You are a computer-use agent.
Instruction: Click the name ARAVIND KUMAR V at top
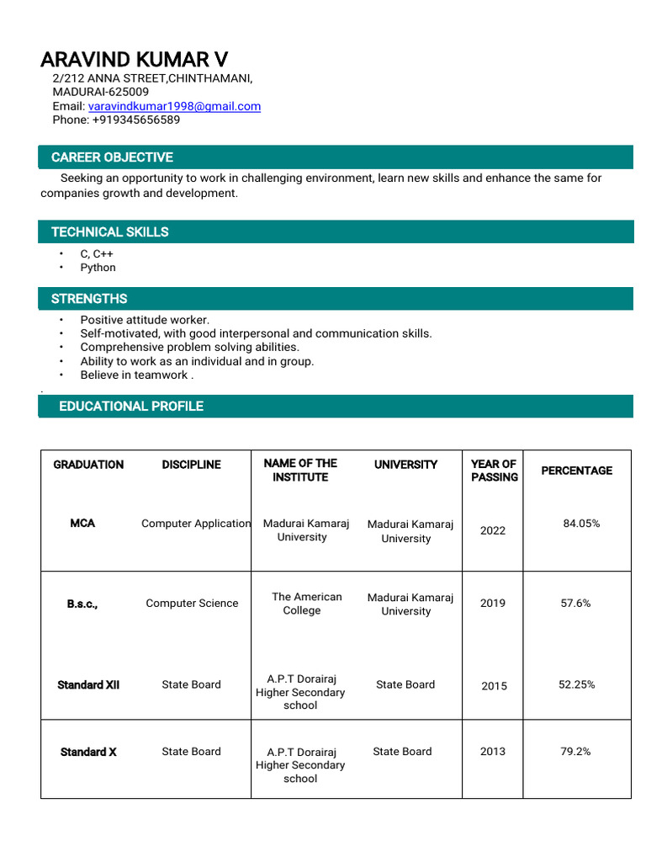134,60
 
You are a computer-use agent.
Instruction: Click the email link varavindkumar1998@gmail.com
174,106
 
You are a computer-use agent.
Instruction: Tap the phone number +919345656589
135,120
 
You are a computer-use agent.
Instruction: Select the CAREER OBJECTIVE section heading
112,157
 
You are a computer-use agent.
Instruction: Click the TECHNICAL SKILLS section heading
109,232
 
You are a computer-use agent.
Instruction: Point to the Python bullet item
98,268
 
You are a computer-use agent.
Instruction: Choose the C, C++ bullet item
97,253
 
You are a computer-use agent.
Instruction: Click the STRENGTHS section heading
89,299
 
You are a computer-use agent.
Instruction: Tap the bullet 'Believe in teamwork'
136,375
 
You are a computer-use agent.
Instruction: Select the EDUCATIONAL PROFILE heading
130,407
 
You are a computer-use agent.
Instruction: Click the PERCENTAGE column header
576,471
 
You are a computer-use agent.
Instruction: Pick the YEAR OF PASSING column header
494,471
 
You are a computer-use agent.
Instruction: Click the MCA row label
82,524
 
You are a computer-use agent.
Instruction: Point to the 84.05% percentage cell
581,524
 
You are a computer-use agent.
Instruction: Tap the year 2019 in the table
493,604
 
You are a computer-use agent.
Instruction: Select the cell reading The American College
306,604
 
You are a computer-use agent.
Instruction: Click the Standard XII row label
88,685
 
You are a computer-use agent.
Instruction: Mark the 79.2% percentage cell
575,752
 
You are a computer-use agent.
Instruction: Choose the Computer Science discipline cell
192,604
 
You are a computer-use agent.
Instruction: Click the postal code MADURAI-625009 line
100,92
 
